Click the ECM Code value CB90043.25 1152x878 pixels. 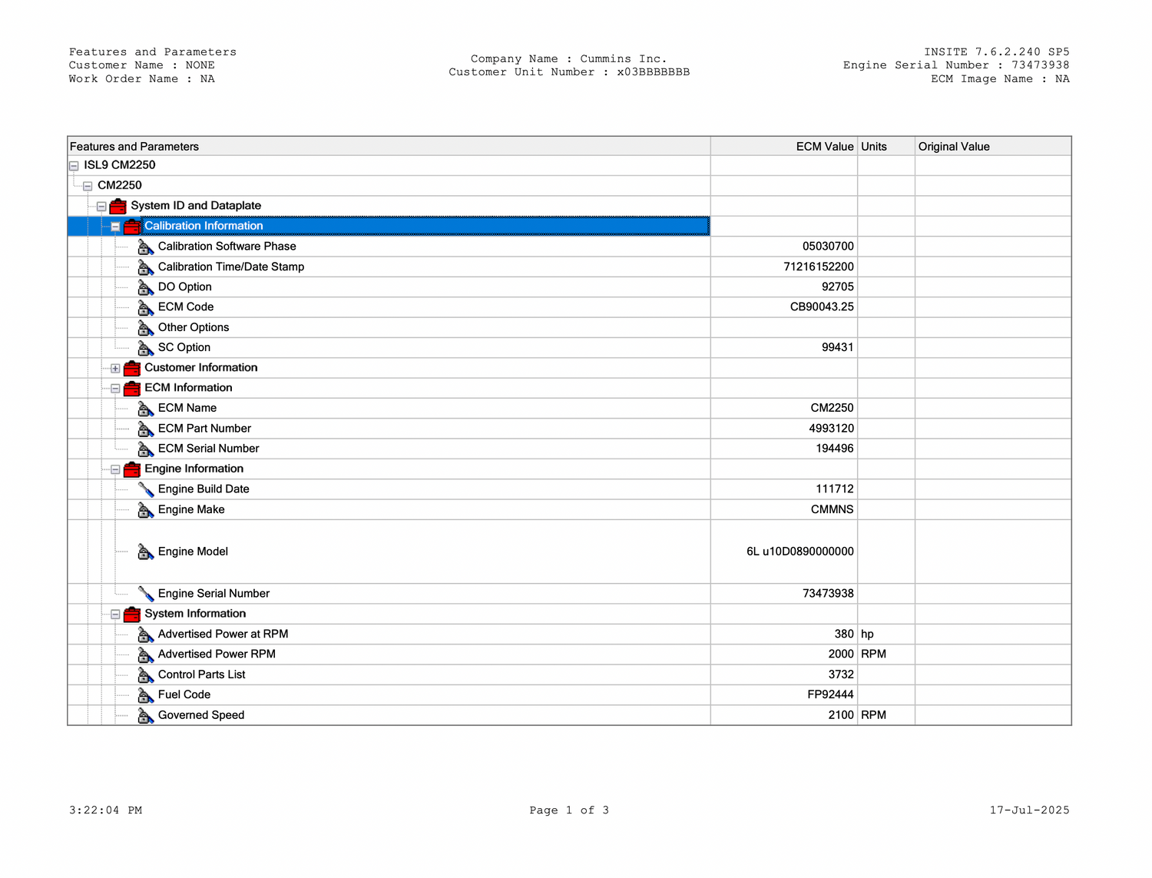point(822,307)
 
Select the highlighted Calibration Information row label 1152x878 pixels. point(204,226)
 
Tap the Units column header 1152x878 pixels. point(874,147)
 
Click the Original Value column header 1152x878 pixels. point(954,147)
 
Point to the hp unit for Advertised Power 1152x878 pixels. point(867,634)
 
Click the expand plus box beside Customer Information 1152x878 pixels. point(115,369)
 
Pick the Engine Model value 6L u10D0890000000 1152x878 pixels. point(799,552)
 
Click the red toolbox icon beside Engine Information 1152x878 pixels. point(132,469)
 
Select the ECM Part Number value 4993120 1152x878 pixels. point(831,429)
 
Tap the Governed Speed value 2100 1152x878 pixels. point(841,715)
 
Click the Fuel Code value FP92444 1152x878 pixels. point(830,695)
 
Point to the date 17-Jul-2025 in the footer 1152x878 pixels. point(1029,810)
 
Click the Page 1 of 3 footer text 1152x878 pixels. point(569,810)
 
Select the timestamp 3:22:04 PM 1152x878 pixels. point(105,810)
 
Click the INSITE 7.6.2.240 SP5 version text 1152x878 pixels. point(996,52)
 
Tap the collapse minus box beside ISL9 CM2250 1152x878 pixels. point(74,166)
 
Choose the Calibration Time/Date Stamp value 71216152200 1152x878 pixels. point(819,267)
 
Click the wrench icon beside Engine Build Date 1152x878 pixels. point(146,489)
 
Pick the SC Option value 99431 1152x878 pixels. point(837,348)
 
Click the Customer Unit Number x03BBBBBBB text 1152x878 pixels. point(569,72)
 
